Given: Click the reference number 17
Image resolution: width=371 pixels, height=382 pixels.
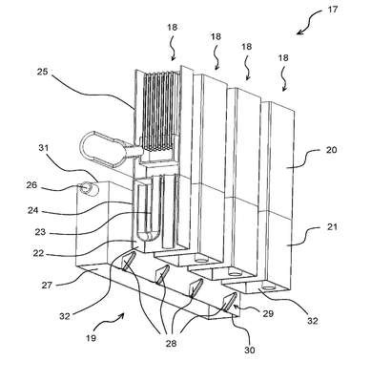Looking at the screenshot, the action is click(333, 10).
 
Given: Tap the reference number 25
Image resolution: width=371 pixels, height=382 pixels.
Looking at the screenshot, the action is click(42, 72).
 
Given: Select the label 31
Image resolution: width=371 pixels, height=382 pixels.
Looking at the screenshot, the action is click(44, 148).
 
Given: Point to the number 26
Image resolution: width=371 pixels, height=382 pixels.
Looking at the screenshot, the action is click(31, 185).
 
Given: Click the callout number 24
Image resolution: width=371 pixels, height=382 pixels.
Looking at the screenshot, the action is click(33, 210).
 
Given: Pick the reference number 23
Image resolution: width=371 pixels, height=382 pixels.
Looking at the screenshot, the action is click(40, 232).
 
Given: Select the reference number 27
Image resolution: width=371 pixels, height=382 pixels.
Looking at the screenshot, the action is click(48, 285).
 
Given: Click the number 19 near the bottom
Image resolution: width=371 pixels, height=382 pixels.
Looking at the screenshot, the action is click(91, 337).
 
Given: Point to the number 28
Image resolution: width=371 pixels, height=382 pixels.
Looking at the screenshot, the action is click(171, 343).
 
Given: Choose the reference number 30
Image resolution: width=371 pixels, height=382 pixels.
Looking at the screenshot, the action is click(250, 350).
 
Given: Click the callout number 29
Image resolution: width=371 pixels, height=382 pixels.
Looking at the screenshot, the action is click(268, 313).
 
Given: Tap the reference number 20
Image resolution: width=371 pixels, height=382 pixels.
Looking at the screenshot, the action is click(331, 149).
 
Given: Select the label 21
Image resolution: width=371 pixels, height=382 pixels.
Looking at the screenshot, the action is click(332, 227).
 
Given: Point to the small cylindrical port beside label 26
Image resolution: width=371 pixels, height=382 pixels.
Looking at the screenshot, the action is click(89, 189).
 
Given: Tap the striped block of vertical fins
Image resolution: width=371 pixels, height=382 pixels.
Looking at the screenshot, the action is click(159, 111).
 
